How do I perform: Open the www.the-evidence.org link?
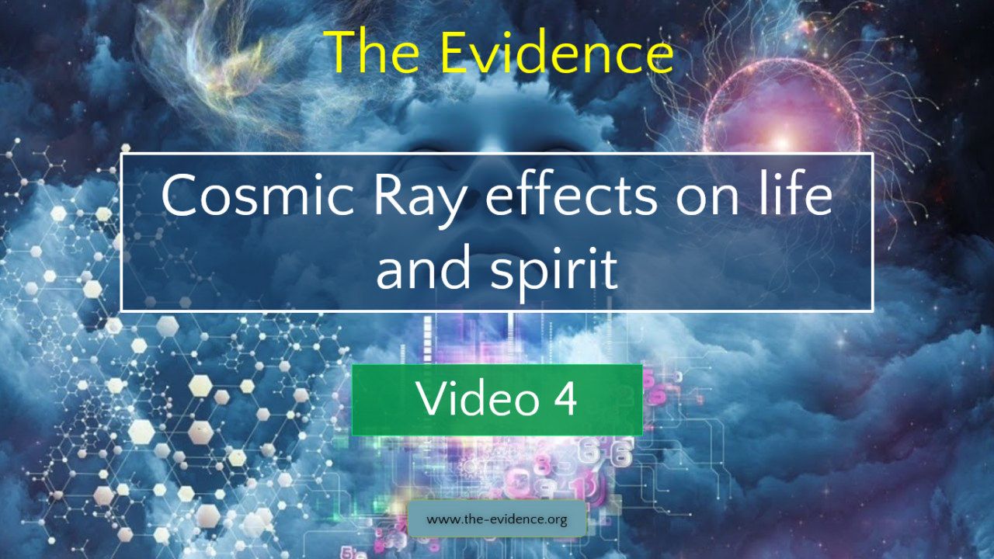497,519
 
